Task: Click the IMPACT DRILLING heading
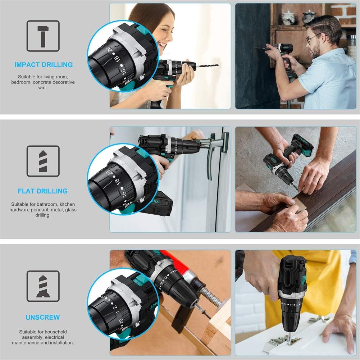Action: (x=43, y=65)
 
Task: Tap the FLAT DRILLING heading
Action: (x=43, y=191)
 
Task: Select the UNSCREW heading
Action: (x=43, y=317)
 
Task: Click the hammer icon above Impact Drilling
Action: (x=43, y=36)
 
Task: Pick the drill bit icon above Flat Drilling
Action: (x=43, y=161)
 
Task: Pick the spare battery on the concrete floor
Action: (x=299, y=145)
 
